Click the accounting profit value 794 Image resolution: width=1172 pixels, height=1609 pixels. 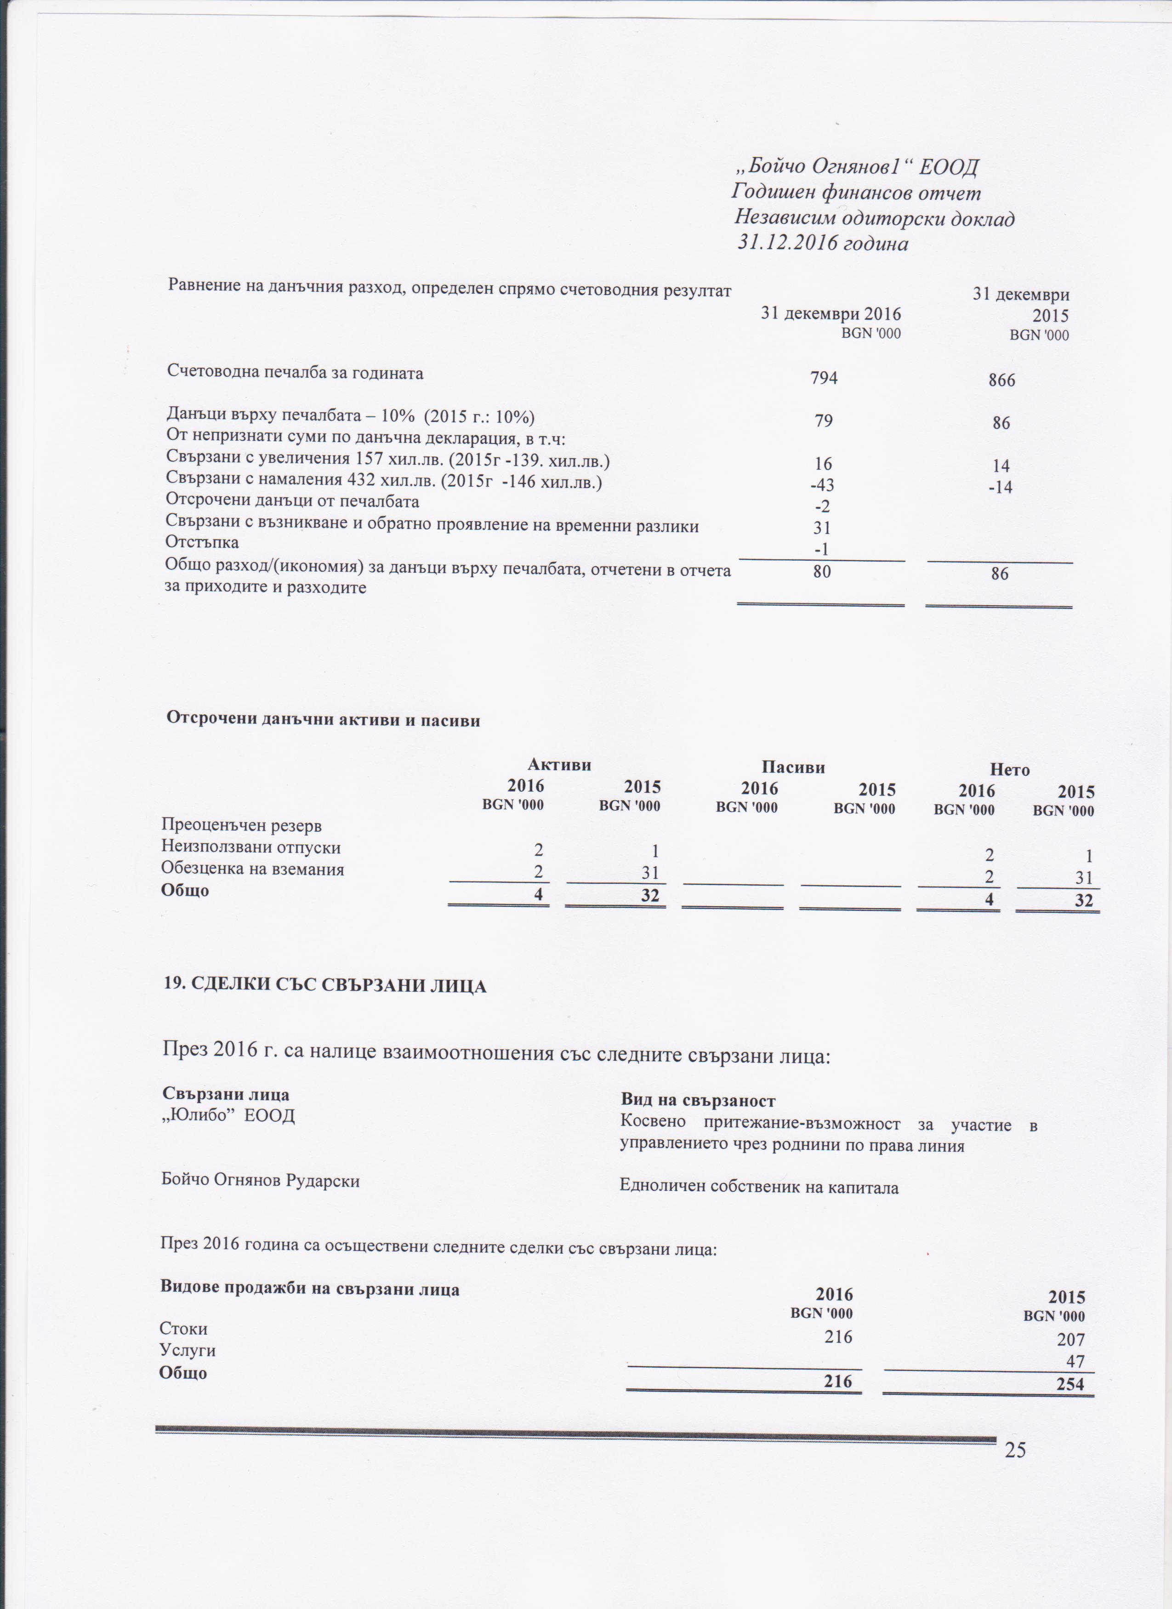coord(823,378)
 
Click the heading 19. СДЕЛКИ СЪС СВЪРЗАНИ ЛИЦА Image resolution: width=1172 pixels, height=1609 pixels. coord(325,986)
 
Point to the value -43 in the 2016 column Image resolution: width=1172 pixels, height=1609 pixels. coord(822,486)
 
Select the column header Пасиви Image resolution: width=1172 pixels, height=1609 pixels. coord(793,767)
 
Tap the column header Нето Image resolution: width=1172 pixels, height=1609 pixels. coord(1010,770)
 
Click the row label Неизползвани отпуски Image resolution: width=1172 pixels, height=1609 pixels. coord(251,847)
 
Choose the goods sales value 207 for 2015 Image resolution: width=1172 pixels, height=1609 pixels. coord(1070,1339)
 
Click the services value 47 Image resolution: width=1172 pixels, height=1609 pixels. coord(1075,1361)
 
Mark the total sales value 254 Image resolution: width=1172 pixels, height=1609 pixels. coord(1070,1383)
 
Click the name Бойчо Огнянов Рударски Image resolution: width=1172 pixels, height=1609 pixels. coord(260,1181)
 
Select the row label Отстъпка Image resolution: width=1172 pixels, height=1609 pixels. coord(202,543)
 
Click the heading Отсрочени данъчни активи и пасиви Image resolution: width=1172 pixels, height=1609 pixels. coord(323,720)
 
